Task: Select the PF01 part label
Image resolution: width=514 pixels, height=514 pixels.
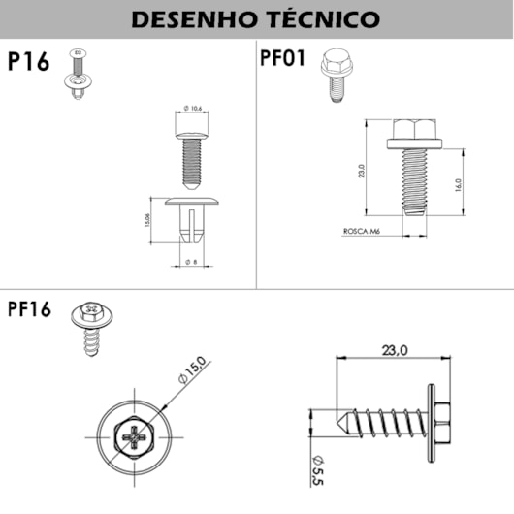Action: tap(283, 57)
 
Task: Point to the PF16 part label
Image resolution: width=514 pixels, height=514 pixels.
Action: tap(29, 310)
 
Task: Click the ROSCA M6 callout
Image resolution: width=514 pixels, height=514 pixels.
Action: tap(360, 232)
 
